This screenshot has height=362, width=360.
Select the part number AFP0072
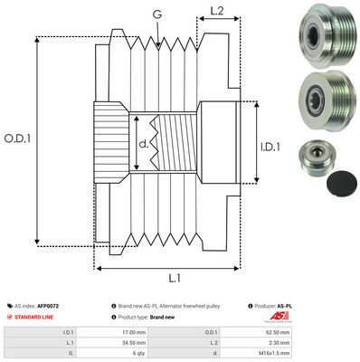coord(76,307)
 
